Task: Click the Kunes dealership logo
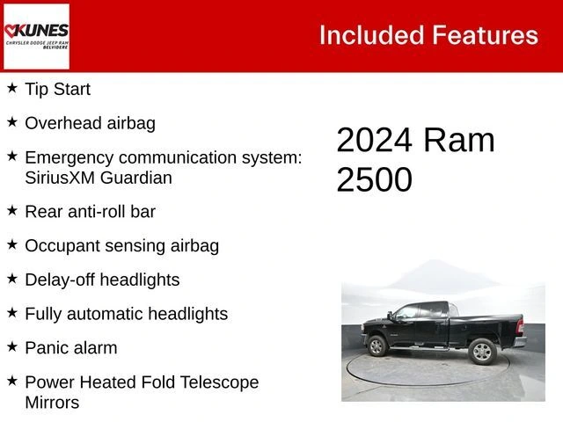[36, 36]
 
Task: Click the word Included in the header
[371, 35]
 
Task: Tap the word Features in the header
[485, 35]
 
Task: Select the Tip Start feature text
[57, 89]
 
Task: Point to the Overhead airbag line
[90, 123]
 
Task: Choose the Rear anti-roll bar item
[90, 211]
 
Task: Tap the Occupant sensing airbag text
[121, 245]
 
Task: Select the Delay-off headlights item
[102, 280]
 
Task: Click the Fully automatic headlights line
[126, 314]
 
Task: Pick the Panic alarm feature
[70, 348]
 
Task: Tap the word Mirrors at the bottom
[52, 403]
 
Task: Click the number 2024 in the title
[375, 141]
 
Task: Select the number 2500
[374, 179]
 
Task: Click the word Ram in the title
[458, 141]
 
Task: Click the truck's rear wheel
[482, 352]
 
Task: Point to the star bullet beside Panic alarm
[12, 346]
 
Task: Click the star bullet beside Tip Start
[12, 88]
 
